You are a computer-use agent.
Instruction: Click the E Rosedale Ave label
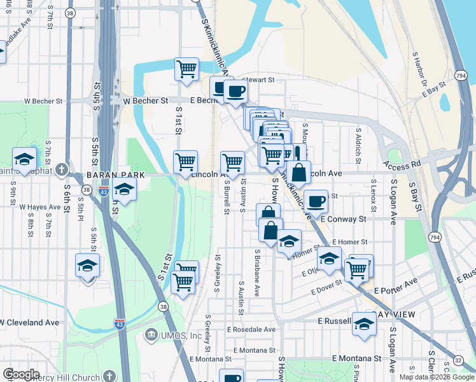pyautogui.click(x=251, y=330)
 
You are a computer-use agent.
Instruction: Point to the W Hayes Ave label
pyautogui.click(x=39, y=207)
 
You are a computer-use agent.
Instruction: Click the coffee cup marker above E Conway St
pyautogui.click(x=316, y=202)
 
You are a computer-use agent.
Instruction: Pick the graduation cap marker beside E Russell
pyautogui.click(x=364, y=324)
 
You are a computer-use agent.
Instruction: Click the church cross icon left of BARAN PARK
pyautogui.click(x=61, y=170)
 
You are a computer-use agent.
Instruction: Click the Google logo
pyautogui.click(x=21, y=374)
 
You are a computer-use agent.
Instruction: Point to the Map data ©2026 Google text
pyautogui.click(x=436, y=377)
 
